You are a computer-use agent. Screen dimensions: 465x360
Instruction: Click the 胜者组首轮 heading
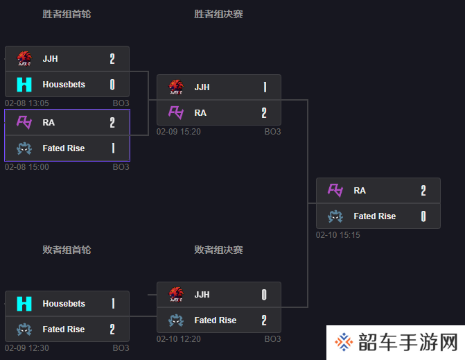tap(67, 14)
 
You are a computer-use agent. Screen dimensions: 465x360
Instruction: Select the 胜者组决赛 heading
tap(218, 14)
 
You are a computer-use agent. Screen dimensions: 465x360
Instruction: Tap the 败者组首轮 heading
tap(67, 250)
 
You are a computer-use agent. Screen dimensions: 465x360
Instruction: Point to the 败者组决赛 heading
tap(218, 250)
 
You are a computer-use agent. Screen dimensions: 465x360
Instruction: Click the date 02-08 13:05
tap(27, 103)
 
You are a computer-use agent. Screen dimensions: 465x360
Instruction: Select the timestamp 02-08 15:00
tap(27, 166)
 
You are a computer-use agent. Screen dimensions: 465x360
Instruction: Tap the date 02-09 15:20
tap(179, 132)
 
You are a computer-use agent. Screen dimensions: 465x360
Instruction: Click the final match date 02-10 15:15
tap(338, 234)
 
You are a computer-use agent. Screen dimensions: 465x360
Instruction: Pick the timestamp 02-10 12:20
tap(179, 338)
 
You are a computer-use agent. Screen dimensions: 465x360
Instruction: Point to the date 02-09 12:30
tap(27, 348)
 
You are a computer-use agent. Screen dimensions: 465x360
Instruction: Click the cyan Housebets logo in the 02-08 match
tap(24, 85)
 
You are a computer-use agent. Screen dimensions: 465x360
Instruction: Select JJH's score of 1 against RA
tap(265, 87)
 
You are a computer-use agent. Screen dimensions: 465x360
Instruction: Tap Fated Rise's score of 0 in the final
tap(423, 216)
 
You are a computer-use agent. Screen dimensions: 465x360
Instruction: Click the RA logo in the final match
tap(335, 190)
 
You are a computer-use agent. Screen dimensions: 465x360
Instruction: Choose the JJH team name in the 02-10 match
tap(202, 294)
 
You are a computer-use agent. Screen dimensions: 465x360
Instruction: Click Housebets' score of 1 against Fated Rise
tap(113, 304)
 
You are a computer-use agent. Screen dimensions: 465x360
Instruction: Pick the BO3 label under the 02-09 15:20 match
tap(272, 132)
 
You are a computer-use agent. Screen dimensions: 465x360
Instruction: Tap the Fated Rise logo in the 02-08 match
tap(24, 148)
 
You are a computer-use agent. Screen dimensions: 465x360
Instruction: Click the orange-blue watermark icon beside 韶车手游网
tap(344, 342)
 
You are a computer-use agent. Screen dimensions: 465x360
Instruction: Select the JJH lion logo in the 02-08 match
tap(24, 58)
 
